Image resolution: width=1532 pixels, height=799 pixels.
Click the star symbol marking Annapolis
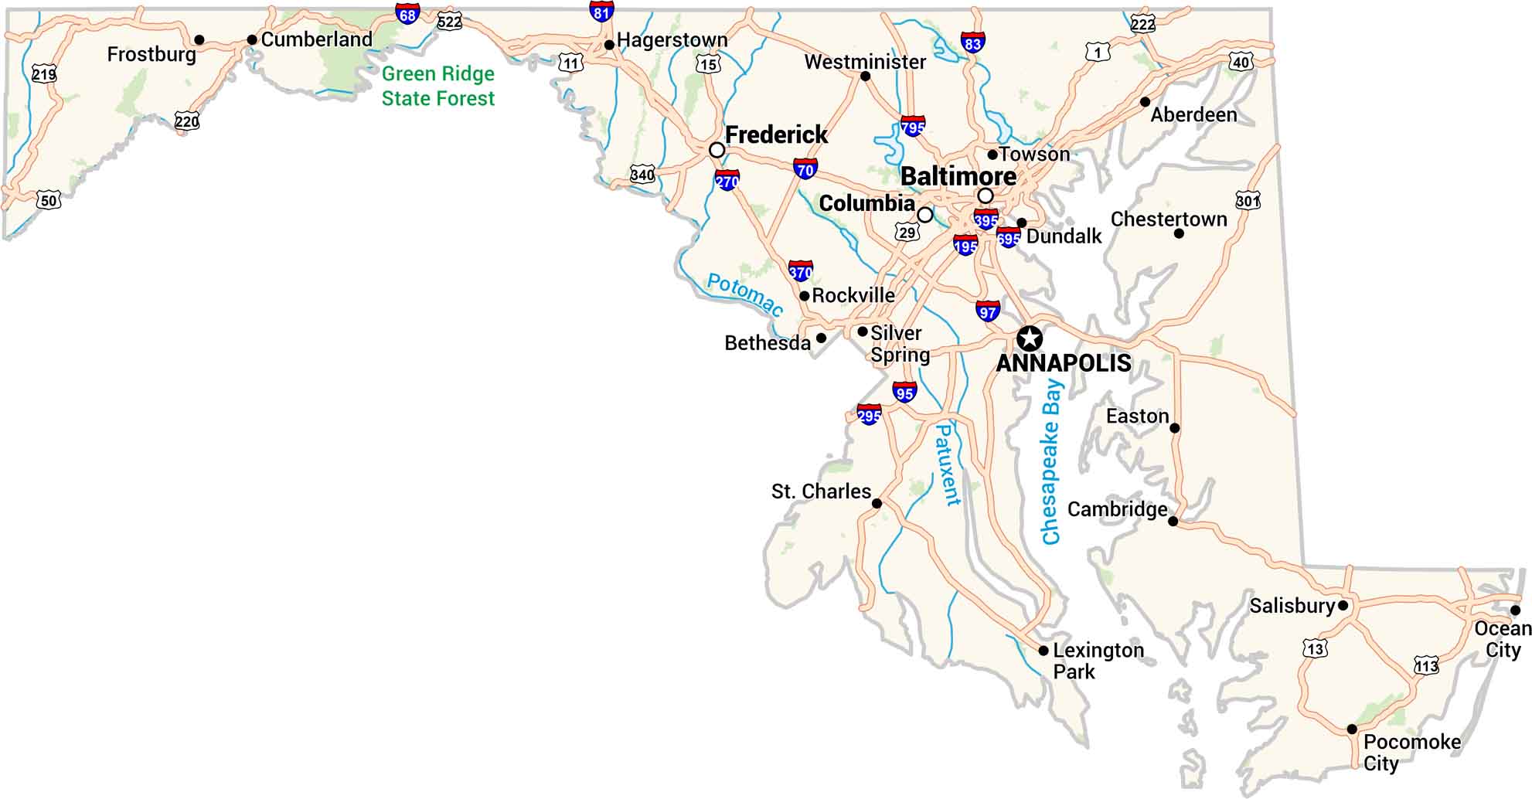tap(1029, 338)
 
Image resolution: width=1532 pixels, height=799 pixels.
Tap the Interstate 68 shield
tap(407, 14)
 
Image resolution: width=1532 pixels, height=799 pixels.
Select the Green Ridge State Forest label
tap(437, 86)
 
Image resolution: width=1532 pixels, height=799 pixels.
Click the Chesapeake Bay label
tap(1052, 462)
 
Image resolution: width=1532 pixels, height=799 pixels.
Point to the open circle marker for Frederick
tap(717, 149)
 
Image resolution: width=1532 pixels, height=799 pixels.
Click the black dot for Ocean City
tap(1515, 610)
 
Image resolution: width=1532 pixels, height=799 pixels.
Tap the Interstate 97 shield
tap(987, 311)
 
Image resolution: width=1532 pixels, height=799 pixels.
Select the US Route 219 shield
tap(44, 74)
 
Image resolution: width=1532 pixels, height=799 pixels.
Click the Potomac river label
tap(745, 294)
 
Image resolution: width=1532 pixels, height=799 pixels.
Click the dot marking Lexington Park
tap(1043, 651)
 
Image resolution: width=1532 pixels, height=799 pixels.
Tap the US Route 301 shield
tap(1248, 201)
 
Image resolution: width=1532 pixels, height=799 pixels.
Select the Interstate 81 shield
tap(601, 11)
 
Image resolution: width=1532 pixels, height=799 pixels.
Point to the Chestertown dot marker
tap(1178, 233)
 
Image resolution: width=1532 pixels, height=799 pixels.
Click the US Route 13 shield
tap(1315, 648)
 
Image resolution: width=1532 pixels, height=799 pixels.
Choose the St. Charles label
tap(820, 491)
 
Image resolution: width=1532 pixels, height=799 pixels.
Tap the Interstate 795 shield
tap(912, 126)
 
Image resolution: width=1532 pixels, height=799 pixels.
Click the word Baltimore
tap(958, 176)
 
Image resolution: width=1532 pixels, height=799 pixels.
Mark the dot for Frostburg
tap(199, 40)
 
